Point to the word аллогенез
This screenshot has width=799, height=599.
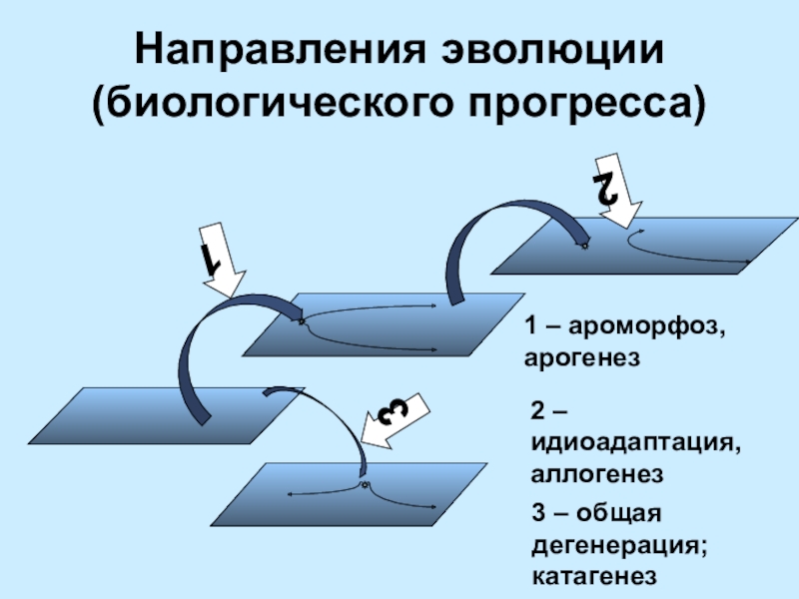coord(598,470)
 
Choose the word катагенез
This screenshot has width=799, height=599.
coord(594,576)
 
